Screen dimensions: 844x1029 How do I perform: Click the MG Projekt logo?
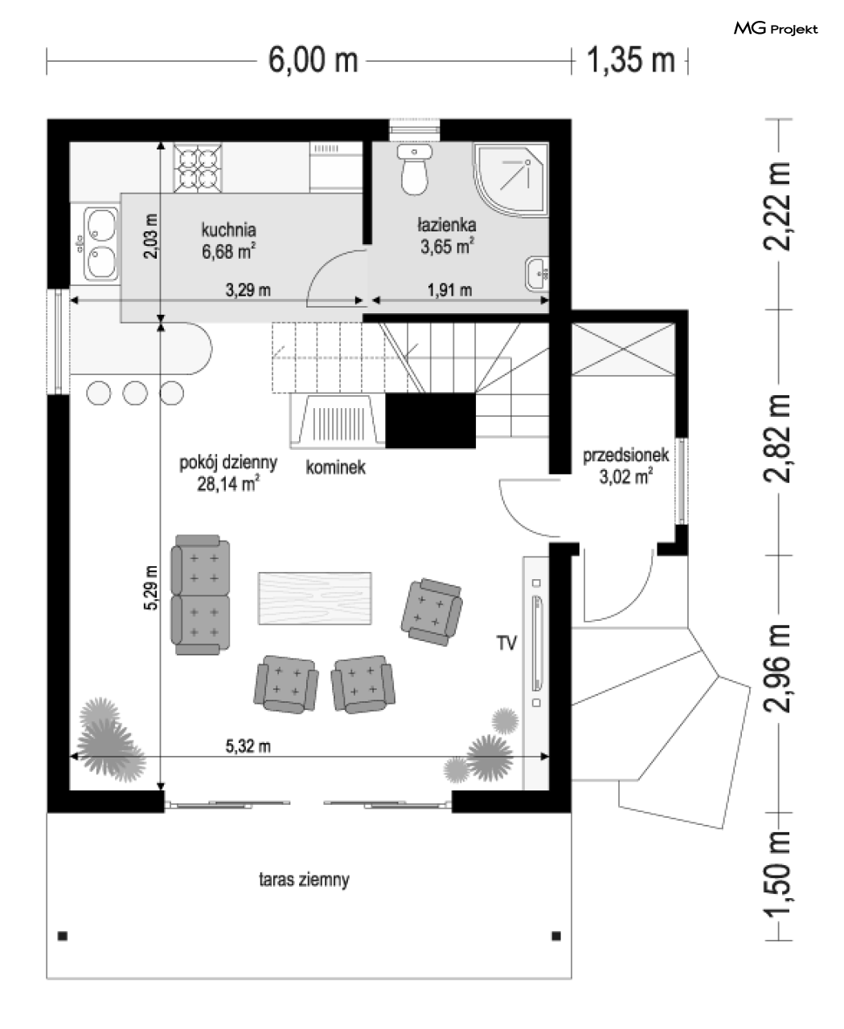coord(775,29)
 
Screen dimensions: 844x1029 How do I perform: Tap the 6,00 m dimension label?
coord(313,60)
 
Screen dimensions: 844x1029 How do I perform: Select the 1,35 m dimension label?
coord(631,60)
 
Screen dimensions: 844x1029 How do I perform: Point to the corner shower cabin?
coord(510,180)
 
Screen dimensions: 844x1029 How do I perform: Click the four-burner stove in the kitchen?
coord(198,167)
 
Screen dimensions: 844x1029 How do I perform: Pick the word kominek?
coord(335,468)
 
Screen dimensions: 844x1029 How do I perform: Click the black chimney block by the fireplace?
coord(430,421)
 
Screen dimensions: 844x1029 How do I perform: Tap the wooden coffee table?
coord(315,598)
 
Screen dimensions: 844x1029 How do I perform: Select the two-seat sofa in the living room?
coord(199,594)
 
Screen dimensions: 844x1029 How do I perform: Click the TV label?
coord(506,643)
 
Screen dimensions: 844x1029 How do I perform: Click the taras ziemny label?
coord(304,880)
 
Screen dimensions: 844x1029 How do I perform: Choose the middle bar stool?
coord(135,393)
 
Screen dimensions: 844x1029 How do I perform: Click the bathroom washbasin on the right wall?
coord(537,274)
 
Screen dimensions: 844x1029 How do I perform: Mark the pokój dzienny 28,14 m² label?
coord(228,472)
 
